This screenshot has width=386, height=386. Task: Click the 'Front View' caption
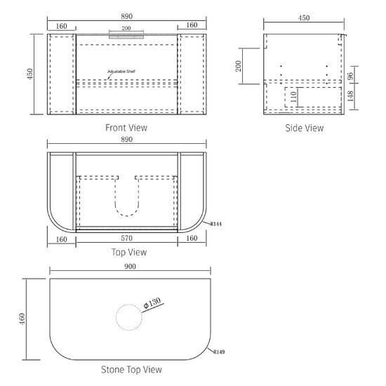coord(126,128)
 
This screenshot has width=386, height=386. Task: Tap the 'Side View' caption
coord(305,128)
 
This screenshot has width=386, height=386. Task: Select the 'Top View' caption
coord(129,252)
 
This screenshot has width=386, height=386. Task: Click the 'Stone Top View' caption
coord(131,369)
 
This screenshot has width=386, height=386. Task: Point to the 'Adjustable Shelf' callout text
coord(121,72)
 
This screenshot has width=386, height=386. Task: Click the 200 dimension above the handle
coord(126,28)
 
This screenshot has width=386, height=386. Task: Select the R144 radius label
coord(216,224)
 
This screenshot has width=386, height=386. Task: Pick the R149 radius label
coord(219,352)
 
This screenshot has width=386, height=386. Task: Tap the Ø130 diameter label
coord(152,302)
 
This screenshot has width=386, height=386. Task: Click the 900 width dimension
coord(130,267)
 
